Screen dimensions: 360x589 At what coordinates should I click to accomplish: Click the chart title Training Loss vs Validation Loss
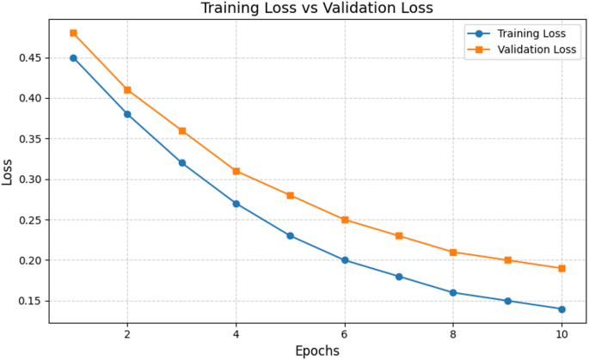pos(317,9)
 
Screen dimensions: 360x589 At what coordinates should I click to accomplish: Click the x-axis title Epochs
pos(317,351)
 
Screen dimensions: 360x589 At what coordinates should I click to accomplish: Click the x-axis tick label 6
pos(345,333)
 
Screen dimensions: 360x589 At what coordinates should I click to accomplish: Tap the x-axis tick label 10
pos(561,333)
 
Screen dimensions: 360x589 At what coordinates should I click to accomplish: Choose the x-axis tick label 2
pos(127,333)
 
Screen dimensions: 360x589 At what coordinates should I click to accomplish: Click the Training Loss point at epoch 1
pos(73,58)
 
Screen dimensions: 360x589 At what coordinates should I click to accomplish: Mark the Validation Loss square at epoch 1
pos(73,34)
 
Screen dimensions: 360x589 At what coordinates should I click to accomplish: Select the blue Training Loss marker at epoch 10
pos(561,309)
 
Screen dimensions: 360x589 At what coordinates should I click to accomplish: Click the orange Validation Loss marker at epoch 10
pos(561,268)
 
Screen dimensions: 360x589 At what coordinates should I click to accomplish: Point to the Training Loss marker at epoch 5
pos(291,235)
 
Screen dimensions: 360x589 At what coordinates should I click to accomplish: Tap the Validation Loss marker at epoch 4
pos(236,171)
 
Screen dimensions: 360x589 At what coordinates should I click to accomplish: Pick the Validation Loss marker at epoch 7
pos(399,235)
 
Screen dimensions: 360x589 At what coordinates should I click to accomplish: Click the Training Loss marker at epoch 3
pos(181,162)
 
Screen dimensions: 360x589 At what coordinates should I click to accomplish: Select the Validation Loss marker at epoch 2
pos(127,89)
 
